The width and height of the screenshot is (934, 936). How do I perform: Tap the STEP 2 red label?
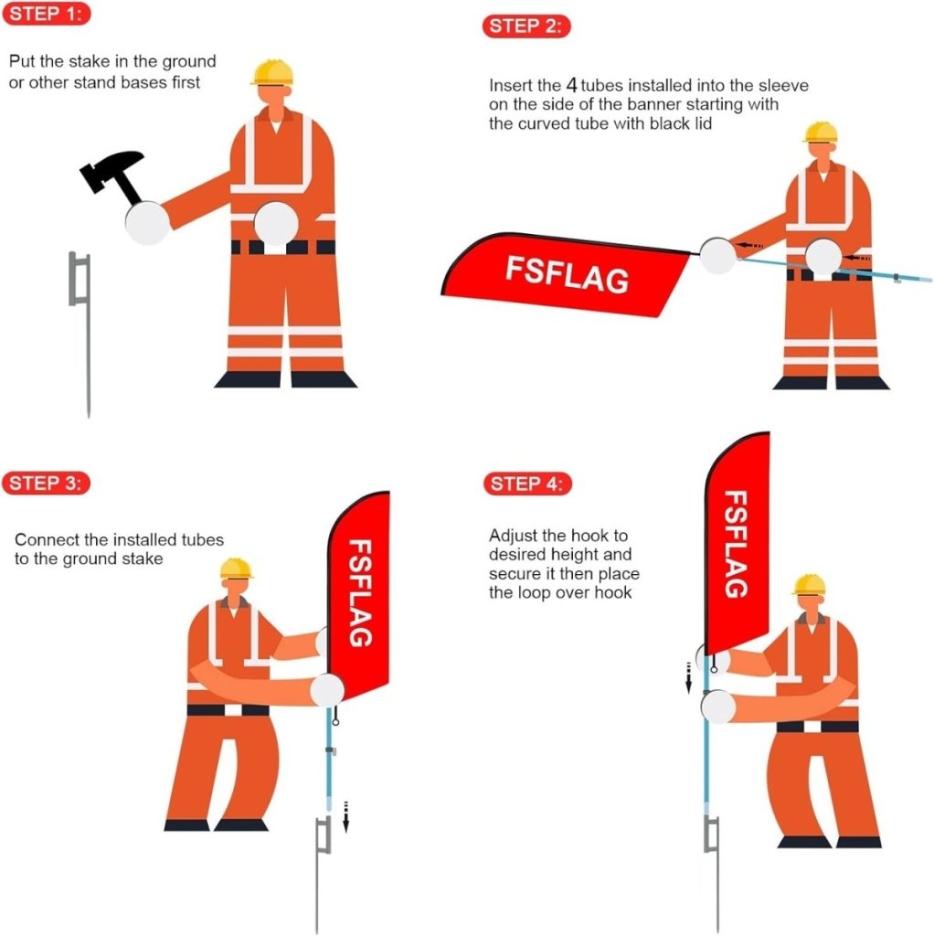(526, 26)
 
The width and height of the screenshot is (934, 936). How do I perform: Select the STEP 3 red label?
(46, 483)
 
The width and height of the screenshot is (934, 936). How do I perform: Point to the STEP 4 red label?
(527, 484)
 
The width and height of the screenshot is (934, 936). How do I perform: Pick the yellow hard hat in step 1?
(272, 72)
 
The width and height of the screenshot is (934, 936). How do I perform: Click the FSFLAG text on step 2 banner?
(568, 272)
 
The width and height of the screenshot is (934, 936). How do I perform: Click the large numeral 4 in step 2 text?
(571, 86)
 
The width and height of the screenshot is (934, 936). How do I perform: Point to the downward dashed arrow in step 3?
(346, 814)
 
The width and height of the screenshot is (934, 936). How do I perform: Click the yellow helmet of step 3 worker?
(236, 569)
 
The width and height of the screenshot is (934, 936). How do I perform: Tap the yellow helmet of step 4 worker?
(809, 585)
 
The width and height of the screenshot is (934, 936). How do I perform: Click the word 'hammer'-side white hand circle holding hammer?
(147, 221)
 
